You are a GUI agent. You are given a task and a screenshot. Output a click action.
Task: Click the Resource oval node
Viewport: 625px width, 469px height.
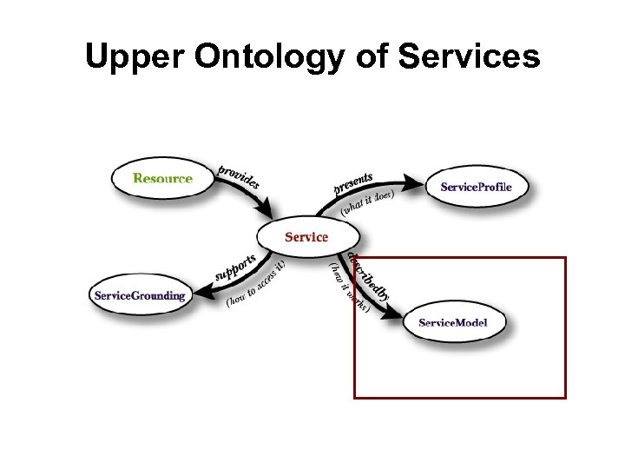(x=162, y=178)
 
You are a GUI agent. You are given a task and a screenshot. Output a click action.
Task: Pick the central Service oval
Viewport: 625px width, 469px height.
(x=306, y=236)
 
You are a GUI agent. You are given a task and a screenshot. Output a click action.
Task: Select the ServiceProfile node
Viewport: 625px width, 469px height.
(x=476, y=187)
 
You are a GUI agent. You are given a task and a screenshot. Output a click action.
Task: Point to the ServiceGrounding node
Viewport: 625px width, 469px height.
(x=140, y=295)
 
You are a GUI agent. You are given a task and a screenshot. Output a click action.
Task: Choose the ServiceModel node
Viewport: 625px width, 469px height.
(x=452, y=322)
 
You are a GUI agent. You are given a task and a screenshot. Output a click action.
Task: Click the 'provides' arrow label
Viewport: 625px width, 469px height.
(x=238, y=176)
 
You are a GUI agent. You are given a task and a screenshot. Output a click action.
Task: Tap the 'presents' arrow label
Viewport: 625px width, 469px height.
(x=352, y=183)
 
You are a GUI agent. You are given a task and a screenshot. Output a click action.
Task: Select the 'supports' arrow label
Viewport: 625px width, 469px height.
(x=235, y=268)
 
